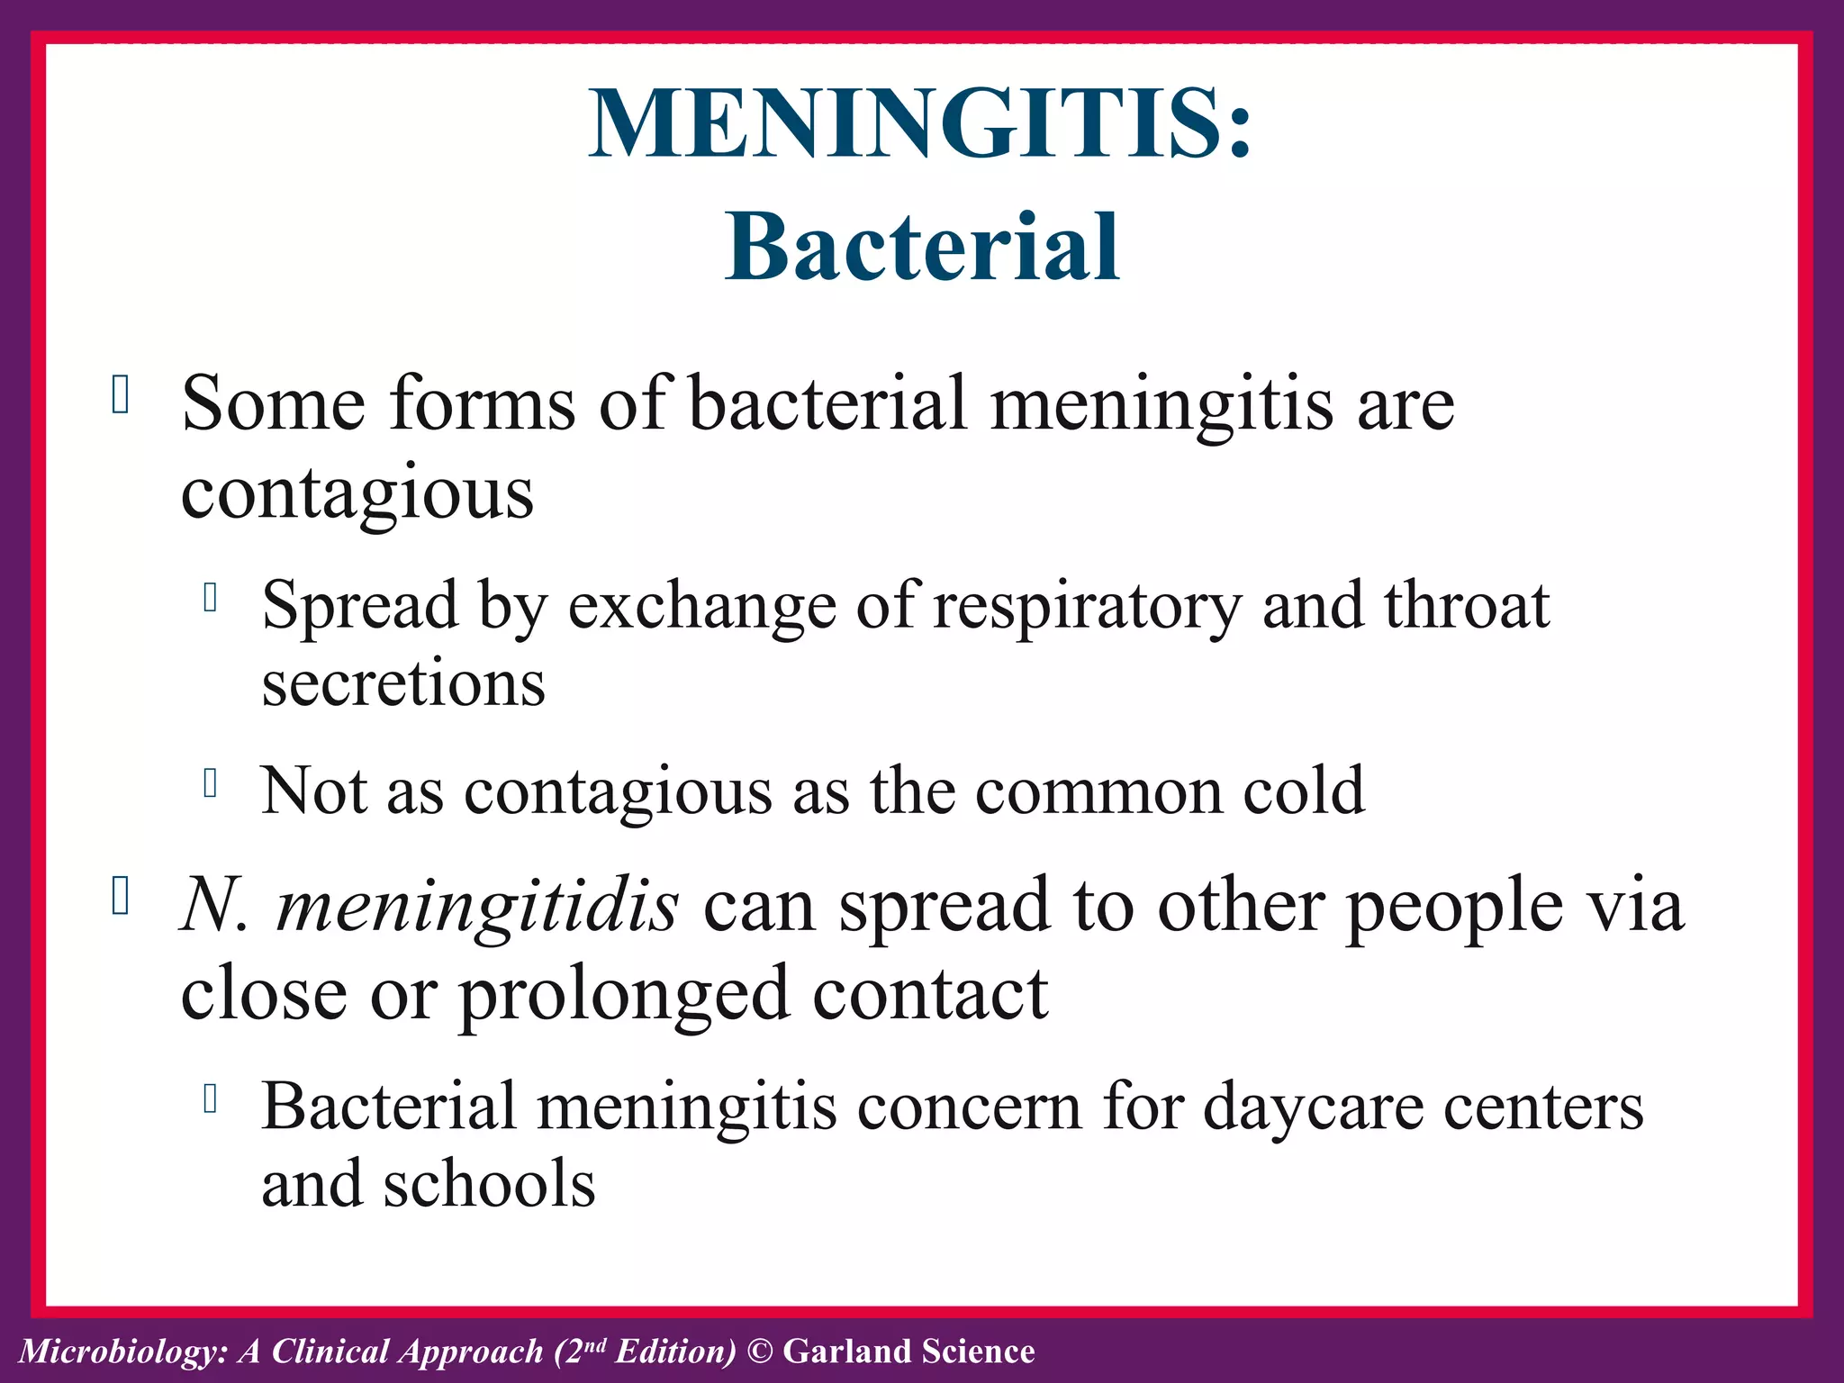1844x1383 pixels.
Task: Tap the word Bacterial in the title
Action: click(x=922, y=247)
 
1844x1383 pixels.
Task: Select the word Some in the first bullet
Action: click(x=273, y=404)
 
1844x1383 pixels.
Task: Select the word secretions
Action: click(x=403, y=683)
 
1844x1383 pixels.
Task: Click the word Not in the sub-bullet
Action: click(x=313, y=791)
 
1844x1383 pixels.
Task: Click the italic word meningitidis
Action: click(x=477, y=905)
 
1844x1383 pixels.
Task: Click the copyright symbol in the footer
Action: click(x=761, y=1351)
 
